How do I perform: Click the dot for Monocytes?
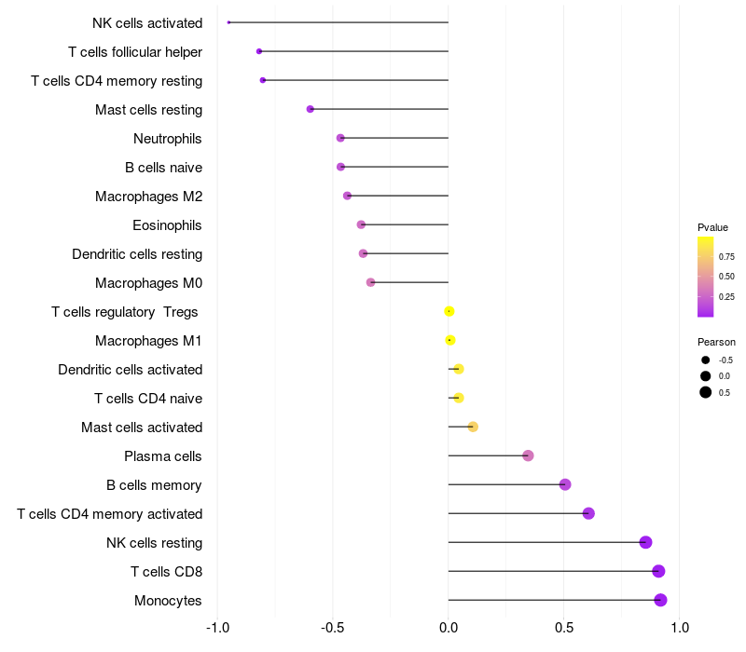[660, 600]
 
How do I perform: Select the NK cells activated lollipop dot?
[228, 22]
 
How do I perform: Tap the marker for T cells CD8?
[658, 571]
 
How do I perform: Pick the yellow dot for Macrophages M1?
[450, 340]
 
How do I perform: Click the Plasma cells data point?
[528, 455]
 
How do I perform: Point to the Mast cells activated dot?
[473, 427]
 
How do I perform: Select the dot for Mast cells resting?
[311, 109]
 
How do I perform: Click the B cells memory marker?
[565, 484]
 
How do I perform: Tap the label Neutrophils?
[168, 139]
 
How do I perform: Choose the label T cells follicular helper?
[135, 51]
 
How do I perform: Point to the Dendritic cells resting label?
[137, 254]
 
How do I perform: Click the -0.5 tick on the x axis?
[333, 628]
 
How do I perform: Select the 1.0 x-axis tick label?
[680, 628]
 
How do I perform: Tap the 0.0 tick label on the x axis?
[449, 628]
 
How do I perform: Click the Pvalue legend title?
[712, 227]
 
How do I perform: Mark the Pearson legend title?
[716, 342]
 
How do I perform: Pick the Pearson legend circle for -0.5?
[706, 360]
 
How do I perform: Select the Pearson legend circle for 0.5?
[706, 392]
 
